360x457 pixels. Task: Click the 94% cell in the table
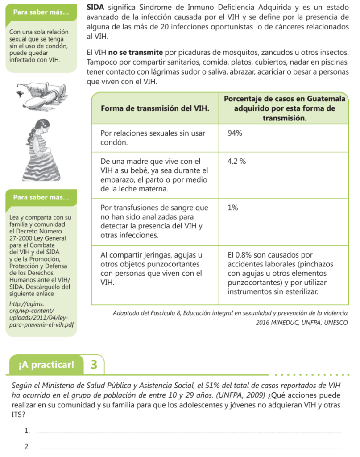point(235,133)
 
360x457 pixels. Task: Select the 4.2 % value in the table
point(236,162)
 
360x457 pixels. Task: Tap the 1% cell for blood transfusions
point(232,208)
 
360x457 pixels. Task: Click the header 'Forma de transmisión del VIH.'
point(155,108)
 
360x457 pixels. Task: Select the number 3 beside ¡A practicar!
point(94,365)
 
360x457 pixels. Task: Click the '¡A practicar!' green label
point(47,365)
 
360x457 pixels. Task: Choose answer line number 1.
point(187,432)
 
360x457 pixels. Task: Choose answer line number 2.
point(187,447)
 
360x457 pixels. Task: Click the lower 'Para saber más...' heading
point(41,197)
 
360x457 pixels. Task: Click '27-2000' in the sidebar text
point(21,238)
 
